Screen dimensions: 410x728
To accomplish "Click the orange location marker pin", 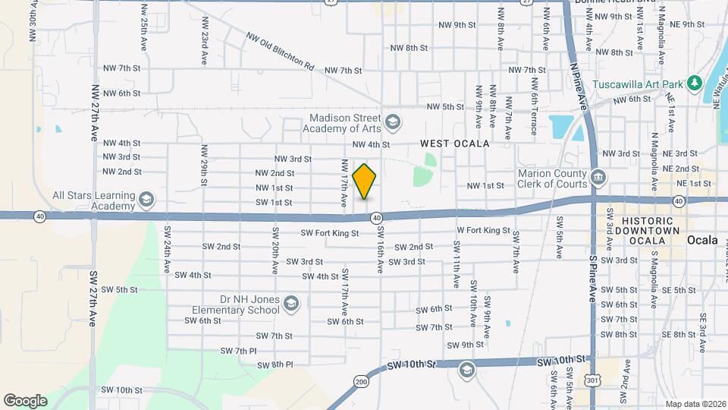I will point(365,181).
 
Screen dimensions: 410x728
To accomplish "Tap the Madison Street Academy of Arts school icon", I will point(393,121).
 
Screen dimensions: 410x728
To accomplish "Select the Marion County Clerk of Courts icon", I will point(598,177).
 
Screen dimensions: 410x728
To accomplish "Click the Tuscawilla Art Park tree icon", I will point(693,83).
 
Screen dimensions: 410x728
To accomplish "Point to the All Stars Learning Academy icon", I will point(146,200).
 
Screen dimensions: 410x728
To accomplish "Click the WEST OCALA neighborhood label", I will point(455,143).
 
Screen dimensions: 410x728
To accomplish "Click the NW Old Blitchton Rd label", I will point(280,51).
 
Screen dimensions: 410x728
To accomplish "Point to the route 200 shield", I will point(360,380).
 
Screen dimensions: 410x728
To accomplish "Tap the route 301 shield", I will point(592,379).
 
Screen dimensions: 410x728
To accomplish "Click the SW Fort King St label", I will point(329,233).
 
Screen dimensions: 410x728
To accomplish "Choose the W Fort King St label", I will point(483,230).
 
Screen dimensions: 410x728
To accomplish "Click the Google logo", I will point(25,400).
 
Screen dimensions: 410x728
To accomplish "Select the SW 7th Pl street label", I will point(239,351).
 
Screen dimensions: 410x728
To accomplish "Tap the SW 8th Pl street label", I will point(275,364).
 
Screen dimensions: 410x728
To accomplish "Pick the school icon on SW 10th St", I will point(466,370).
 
